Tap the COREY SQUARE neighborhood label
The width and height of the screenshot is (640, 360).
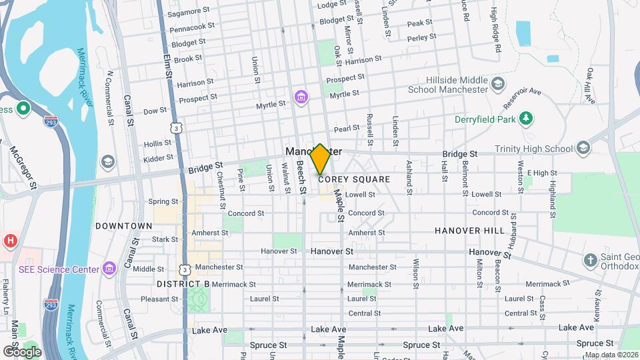354,179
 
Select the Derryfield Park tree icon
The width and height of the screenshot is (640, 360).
527,118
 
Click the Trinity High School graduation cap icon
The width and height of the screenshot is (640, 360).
583,148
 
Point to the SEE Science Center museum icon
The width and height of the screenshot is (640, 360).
110,269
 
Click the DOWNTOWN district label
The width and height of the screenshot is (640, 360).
123,226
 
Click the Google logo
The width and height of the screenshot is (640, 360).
22,351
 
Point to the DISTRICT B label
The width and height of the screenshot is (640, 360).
183,284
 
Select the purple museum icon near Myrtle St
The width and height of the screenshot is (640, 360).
301,99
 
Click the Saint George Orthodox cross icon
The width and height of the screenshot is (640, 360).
589,259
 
